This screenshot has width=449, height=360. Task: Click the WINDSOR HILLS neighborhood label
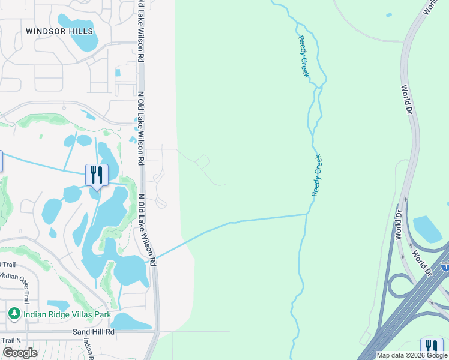point(59,31)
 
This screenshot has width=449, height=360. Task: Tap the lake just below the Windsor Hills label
point(85,34)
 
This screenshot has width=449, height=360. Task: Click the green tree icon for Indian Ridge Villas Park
point(14,313)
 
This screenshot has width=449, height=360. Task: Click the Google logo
point(20,353)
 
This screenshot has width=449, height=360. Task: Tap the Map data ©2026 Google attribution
point(412,355)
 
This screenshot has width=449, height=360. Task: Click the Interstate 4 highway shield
point(445,266)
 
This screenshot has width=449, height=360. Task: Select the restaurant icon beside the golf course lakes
point(97,175)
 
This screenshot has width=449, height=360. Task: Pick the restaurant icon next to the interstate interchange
point(432,348)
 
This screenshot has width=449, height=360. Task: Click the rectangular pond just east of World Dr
point(427,229)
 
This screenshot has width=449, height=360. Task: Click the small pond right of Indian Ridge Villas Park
point(58,305)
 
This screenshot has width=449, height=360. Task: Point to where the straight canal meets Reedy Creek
point(307,214)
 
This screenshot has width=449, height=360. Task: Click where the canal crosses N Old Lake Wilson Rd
point(151,260)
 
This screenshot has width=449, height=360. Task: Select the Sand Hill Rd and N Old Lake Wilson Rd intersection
point(156,331)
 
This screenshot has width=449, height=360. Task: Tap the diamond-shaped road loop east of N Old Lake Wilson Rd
point(202,161)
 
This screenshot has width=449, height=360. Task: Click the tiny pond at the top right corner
point(389,14)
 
